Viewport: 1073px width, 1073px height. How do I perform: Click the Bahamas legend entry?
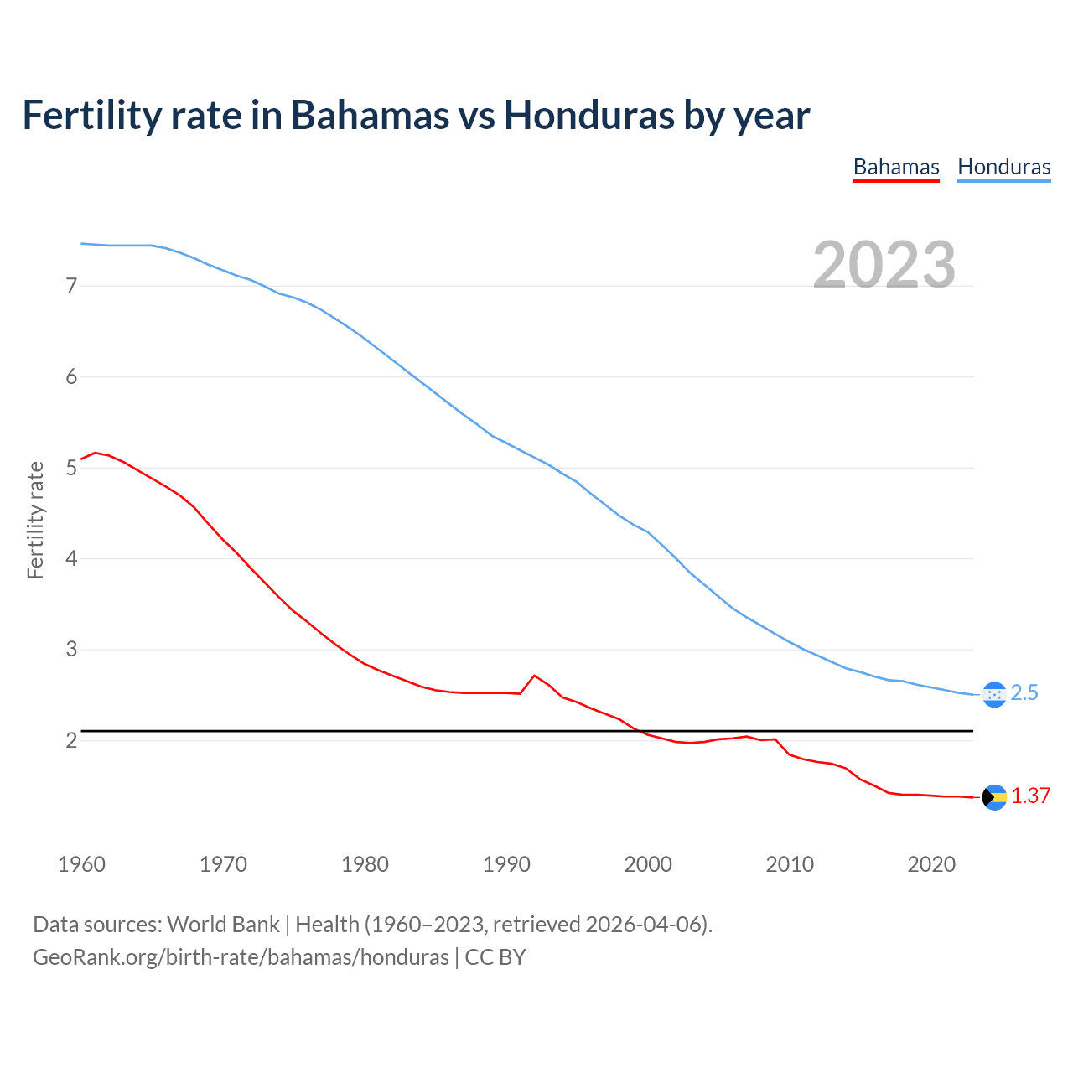click(x=896, y=167)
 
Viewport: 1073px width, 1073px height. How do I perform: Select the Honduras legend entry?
click(x=1003, y=167)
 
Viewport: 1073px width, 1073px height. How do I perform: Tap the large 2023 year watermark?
click(x=884, y=265)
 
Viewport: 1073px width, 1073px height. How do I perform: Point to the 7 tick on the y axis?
click(x=71, y=286)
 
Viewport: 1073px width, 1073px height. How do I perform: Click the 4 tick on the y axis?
click(x=71, y=558)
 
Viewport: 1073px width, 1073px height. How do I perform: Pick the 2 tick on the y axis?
click(x=71, y=740)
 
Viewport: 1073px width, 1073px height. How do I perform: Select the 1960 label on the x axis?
click(x=81, y=864)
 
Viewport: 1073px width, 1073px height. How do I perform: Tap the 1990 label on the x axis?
click(x=506, y=864)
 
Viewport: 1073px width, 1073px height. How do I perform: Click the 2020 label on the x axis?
click(x=931, y=864)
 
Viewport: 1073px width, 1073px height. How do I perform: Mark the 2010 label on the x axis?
click(x=790, y=864)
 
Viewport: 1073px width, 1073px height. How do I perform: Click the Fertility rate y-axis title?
click(x=35, y=520)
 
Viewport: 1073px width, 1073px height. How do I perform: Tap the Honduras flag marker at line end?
click(x=994, y=694)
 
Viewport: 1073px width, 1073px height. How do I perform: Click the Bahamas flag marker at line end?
click(x=994, y=797)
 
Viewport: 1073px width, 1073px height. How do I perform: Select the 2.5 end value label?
click(x=1024, y=693)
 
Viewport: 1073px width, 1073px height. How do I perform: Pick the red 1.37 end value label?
click(x=1030, y=796)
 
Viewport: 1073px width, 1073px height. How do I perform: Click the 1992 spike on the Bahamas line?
click(x=534, y=676)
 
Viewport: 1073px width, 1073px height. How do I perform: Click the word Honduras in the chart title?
click(x=589, y=116)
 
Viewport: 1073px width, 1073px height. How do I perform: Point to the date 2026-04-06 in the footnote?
click(x=645, y=925)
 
